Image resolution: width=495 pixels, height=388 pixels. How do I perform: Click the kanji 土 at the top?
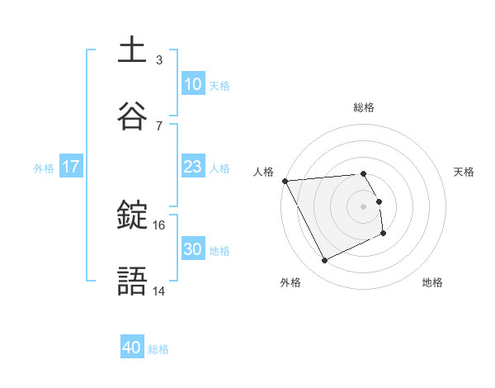(x=132, y=50)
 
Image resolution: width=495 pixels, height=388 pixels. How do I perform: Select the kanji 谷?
(x=132, y=117)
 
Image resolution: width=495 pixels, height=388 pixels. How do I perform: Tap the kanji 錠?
(x=132, y=216)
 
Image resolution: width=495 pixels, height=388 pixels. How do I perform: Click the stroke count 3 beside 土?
(x=158, y=59)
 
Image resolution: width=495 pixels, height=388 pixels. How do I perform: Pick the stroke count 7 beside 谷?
(x=158, y=125)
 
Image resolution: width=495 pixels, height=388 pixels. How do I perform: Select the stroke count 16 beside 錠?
(x=159, y=225)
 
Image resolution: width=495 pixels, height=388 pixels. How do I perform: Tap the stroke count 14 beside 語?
(x=159, y=291)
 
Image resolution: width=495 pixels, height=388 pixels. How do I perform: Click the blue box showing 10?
(x=192, y=84)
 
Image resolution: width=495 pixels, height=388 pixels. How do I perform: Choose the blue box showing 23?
(x=192, y=167)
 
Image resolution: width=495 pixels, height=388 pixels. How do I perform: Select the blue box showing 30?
(x=192, y=249)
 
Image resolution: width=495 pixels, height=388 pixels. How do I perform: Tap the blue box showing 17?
(x=70, y=167)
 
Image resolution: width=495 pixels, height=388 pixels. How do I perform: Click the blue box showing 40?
(x=132, y=348)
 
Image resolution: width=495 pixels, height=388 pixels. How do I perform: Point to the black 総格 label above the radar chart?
(x=364, y=107)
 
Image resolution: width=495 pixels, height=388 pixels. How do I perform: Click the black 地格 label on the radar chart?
(x=432, y=282)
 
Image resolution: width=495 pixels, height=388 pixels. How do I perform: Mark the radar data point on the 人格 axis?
(x=285, y=181)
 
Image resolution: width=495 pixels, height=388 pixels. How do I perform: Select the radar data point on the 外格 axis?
(x=324, y=261)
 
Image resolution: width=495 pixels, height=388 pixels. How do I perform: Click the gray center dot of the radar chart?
(x=364, y=206)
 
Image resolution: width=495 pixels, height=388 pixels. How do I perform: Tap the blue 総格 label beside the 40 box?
(x=159, y=349)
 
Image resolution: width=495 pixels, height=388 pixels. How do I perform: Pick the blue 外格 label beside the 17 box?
(x=44, y=168)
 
